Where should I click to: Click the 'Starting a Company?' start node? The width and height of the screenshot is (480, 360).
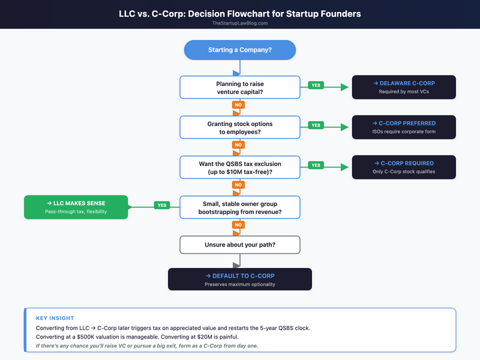point(239,51)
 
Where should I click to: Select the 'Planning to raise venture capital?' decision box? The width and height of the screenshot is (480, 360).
point(239,87)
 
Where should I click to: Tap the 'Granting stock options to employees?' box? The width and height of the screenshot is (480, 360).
point(239,127)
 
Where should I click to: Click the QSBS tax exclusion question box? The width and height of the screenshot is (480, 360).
point(239,167)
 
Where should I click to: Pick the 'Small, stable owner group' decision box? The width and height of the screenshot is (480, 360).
point(239,207)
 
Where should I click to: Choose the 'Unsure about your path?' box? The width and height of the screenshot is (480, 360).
point(239,245)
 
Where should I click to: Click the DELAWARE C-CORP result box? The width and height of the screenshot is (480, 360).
point(403,87)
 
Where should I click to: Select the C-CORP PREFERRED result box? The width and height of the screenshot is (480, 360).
point(403,127)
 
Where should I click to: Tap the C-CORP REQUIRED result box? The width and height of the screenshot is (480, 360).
point(403,167)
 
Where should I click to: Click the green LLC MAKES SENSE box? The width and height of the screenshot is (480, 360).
point(76,207)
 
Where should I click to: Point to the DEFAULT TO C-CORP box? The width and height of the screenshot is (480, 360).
point(239,279)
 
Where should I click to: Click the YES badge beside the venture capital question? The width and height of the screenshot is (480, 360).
point(315,85)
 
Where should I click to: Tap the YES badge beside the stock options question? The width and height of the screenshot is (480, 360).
point(315,125)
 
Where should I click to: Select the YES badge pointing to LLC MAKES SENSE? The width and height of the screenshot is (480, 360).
point(161,205)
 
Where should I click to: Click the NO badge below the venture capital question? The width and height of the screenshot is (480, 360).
point(237,105)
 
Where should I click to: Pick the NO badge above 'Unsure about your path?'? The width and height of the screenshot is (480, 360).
point(237,225)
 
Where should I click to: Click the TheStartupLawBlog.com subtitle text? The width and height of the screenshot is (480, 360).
point(239,23)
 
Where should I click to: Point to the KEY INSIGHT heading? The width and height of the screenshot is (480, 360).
point(55,318)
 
